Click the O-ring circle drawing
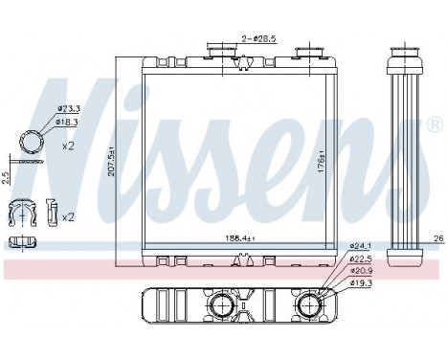click(32, 145)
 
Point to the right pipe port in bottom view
click(310, 306)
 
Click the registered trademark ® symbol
click(435, 125)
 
